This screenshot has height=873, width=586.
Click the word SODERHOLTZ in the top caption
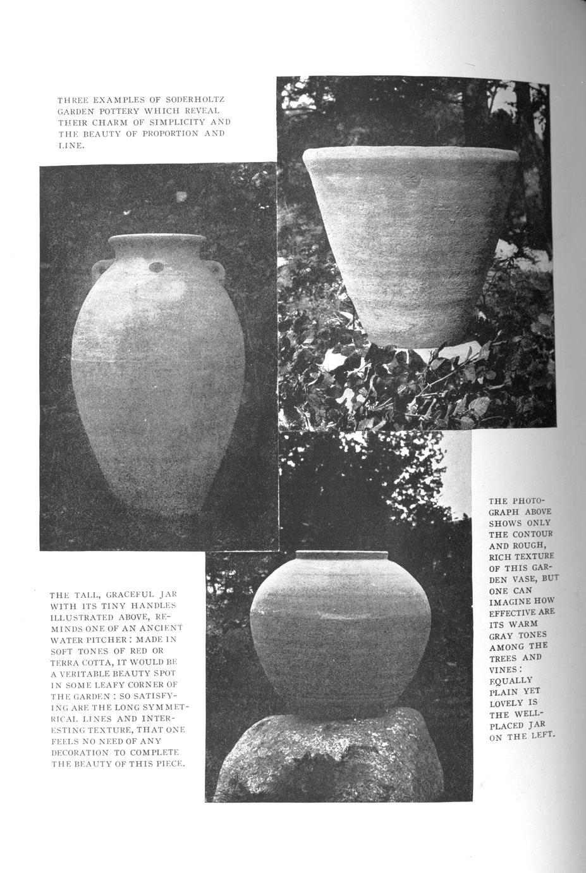195,100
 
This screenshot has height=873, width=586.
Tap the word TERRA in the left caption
66,662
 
